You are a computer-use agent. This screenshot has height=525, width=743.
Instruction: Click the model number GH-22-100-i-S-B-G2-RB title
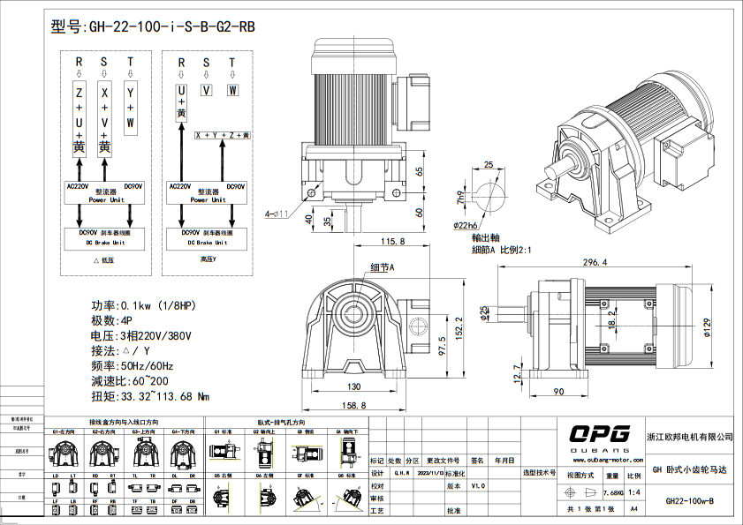click(154, 26)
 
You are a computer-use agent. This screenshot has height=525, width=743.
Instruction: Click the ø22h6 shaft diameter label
click(491, 226)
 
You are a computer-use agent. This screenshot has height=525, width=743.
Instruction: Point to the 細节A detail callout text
click(382, 266)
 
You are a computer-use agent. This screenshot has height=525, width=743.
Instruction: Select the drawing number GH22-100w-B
click(689, 500)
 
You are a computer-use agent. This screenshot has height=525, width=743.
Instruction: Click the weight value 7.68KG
click(613, 491)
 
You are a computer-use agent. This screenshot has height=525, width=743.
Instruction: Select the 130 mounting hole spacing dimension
click(353, 387)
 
